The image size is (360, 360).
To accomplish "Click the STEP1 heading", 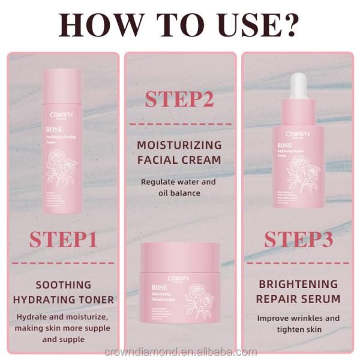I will (63, 239).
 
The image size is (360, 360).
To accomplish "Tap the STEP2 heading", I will (179, 99).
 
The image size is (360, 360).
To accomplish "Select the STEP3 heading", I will (298, 239).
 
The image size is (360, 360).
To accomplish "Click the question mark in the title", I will (286, 25).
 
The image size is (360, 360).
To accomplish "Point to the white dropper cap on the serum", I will (298, 87).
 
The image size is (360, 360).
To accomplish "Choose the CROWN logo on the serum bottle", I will (298, 135).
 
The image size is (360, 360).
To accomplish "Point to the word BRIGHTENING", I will (298, 284).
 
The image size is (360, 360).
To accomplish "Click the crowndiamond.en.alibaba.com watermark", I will (180, 352).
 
